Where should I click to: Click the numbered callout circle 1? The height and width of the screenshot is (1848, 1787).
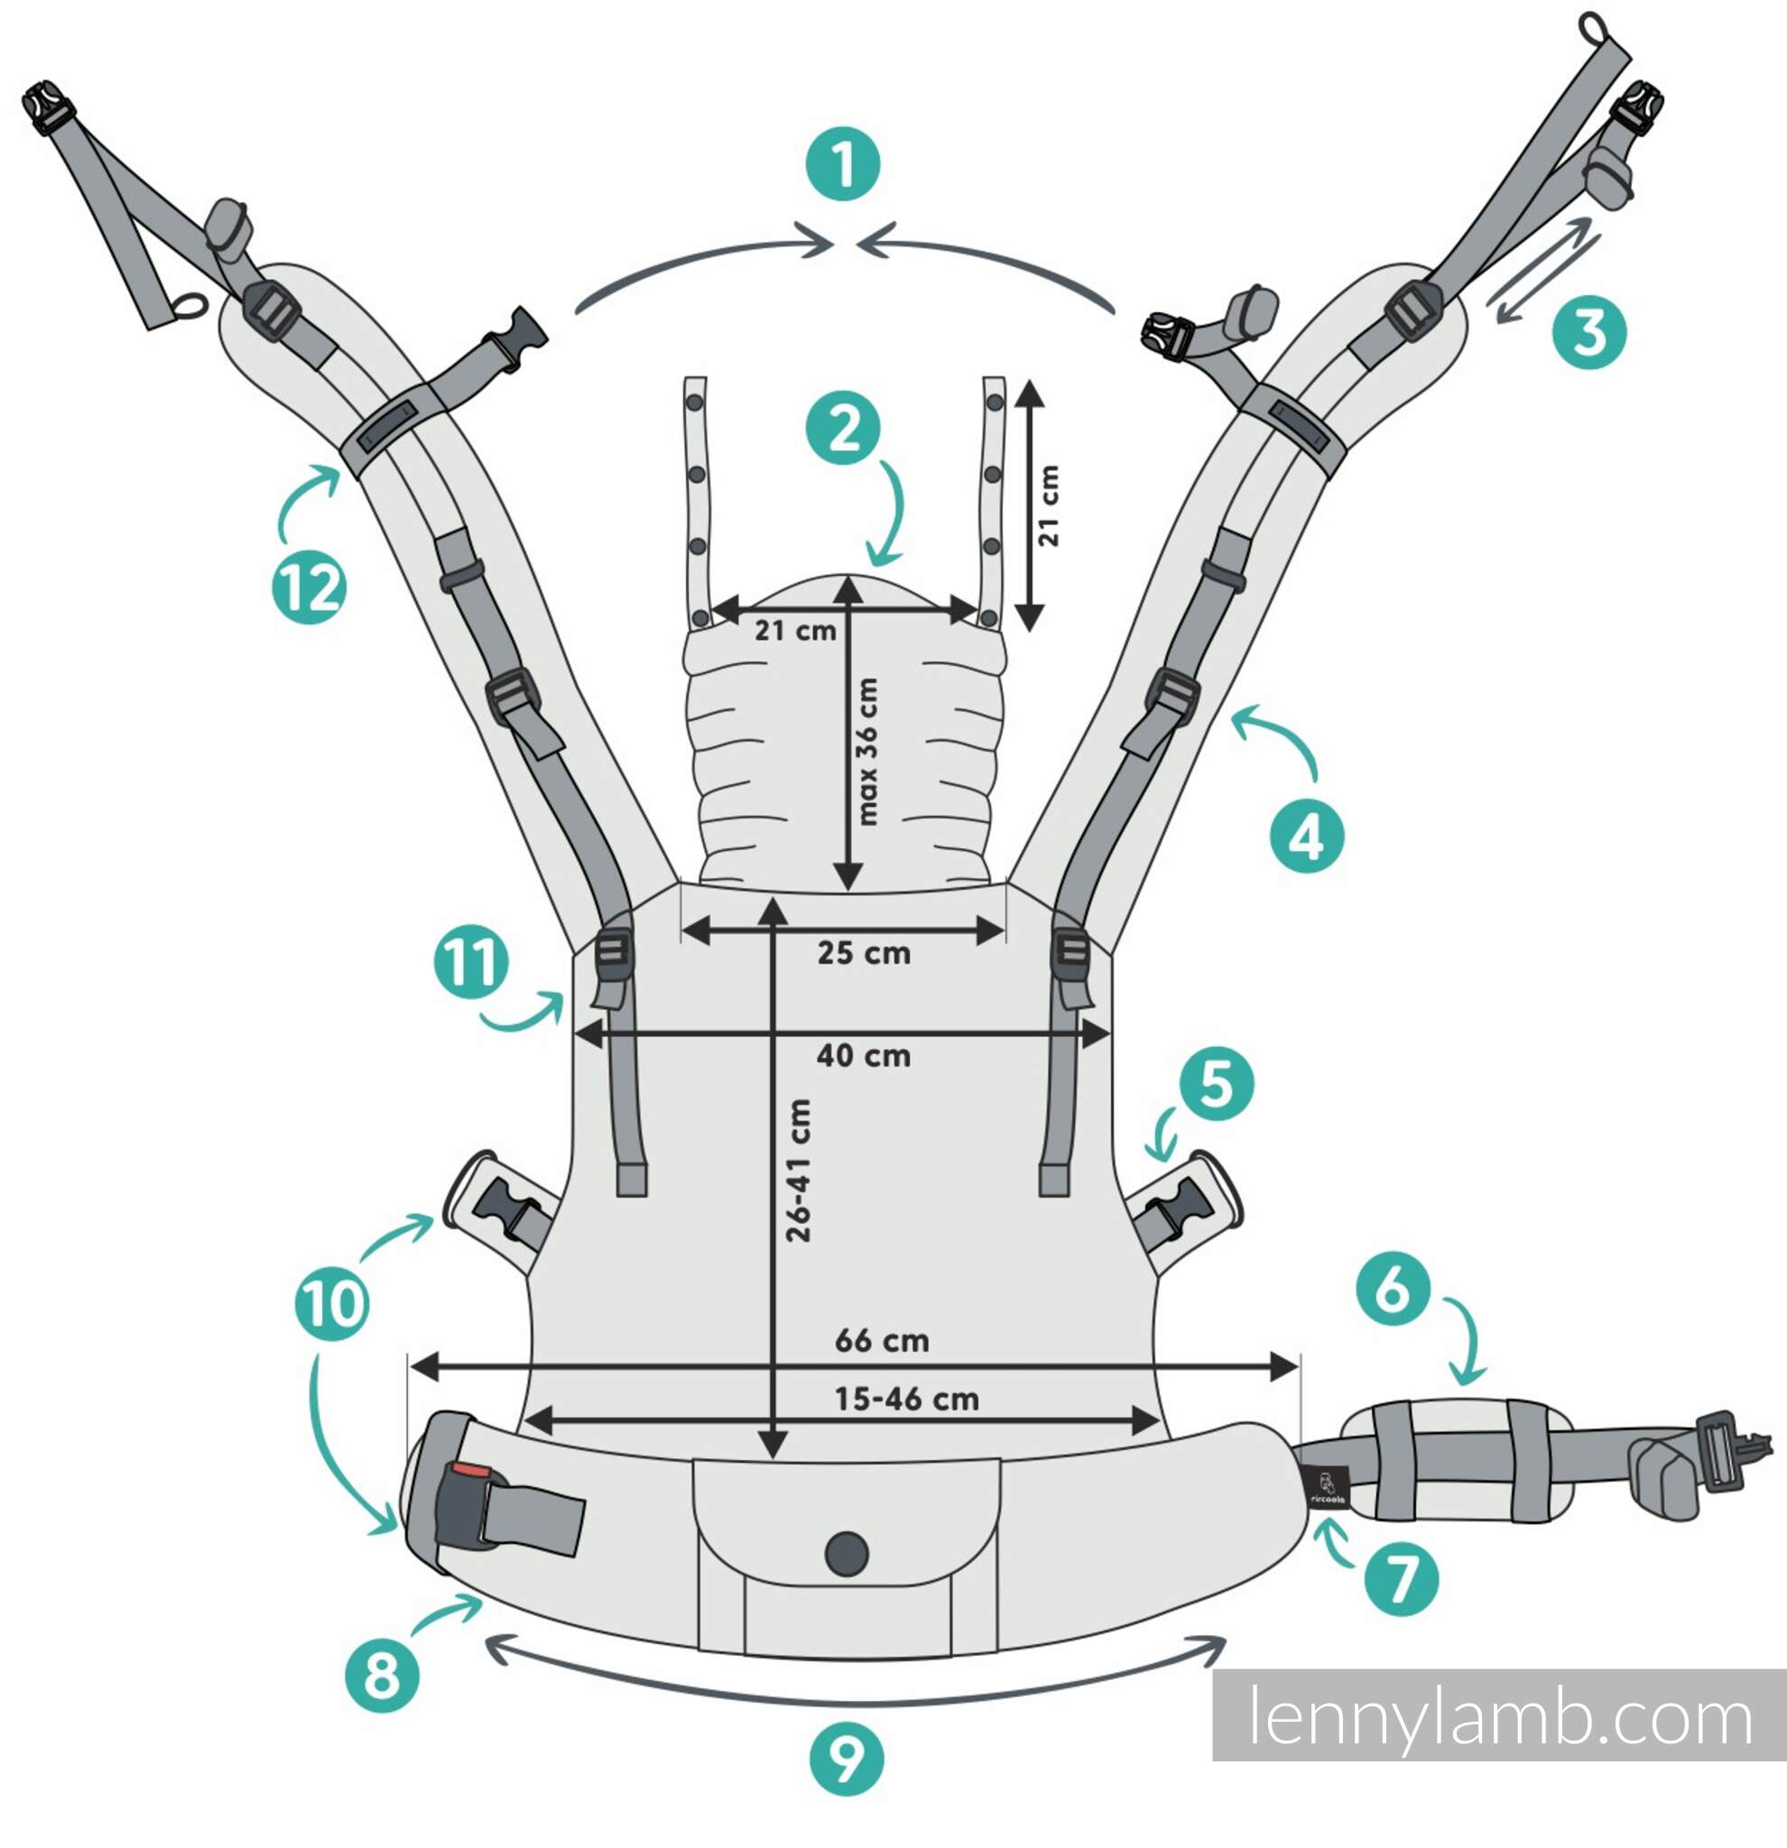843,164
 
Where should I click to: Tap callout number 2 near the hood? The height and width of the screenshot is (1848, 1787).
843,428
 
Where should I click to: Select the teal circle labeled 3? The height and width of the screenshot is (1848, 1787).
1590,332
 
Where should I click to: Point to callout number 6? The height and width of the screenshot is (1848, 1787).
1393,1288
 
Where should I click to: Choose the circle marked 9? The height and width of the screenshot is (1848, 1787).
847,1760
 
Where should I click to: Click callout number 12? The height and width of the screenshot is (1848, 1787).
310,587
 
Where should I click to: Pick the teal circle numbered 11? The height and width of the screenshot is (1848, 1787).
470,963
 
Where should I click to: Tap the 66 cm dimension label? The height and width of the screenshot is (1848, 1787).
882,1340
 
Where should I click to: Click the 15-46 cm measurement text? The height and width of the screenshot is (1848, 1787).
906,1400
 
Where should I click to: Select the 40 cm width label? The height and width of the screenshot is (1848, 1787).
864,1055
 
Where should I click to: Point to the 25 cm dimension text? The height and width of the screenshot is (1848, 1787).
864,952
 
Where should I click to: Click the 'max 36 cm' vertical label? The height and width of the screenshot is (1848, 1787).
866,752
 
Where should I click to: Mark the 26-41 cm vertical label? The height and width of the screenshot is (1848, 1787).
798,1170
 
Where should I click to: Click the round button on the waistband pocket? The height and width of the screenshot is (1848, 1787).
846,1553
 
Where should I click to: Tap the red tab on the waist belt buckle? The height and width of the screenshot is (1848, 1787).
468,1471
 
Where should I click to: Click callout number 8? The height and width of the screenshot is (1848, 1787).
382,1676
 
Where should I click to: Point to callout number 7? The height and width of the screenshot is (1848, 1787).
1402,1579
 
